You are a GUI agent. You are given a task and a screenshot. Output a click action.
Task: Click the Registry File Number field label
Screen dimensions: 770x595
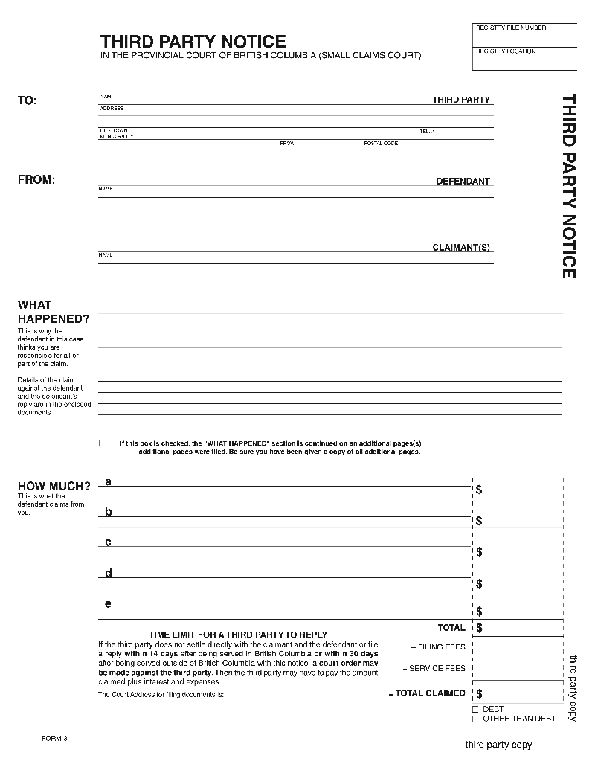pos(510,28)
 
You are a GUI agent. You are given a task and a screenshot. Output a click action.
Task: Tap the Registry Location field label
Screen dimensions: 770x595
pos(505,51)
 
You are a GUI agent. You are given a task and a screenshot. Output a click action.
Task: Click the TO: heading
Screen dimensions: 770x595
pos(28,100)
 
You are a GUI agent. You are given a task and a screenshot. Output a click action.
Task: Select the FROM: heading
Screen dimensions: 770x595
pos(36,179)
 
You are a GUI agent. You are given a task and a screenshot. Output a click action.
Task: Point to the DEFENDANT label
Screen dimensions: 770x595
pos(463,181)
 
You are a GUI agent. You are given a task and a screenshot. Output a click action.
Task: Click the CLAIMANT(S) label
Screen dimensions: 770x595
pos(461,248)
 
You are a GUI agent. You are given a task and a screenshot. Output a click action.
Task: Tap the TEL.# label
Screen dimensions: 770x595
pos(426,131)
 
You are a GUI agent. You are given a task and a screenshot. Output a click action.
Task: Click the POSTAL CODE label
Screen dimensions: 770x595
pos(381,143)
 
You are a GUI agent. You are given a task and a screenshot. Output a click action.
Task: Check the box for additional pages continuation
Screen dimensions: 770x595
pos(102,443)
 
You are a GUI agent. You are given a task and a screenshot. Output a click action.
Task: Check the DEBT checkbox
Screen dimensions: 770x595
pos(475,710)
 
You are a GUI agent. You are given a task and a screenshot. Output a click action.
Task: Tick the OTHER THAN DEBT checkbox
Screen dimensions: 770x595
pos(475,719)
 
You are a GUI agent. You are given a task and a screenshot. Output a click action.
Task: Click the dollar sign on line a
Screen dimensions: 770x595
pos(479,490)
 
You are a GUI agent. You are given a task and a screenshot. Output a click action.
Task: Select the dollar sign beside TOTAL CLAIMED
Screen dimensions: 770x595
pos(479,693)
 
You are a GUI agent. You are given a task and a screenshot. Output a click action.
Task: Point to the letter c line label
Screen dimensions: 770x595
pos(108,542)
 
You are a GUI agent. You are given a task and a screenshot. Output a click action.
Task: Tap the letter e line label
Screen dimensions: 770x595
pos(108,603)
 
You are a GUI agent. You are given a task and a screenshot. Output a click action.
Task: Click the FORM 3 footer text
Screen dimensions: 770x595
pos(54,738)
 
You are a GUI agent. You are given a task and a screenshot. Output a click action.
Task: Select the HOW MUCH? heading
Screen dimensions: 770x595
pos(54,487)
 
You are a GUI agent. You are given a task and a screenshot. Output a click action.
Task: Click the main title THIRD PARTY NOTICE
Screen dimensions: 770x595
pos(193,41)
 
